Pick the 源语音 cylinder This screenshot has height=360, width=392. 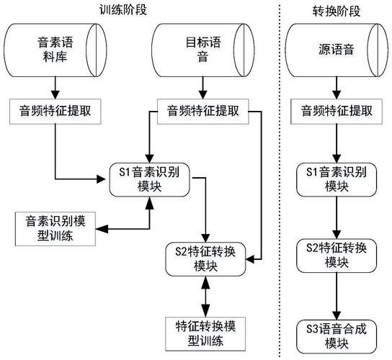(335, 50)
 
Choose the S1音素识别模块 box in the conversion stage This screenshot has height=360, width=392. (335, 178)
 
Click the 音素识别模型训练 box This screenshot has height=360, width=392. (55, 228)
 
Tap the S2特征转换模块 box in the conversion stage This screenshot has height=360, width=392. (335, 258)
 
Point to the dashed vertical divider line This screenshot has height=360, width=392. (280, 180)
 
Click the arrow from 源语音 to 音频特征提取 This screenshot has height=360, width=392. (335, 86)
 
